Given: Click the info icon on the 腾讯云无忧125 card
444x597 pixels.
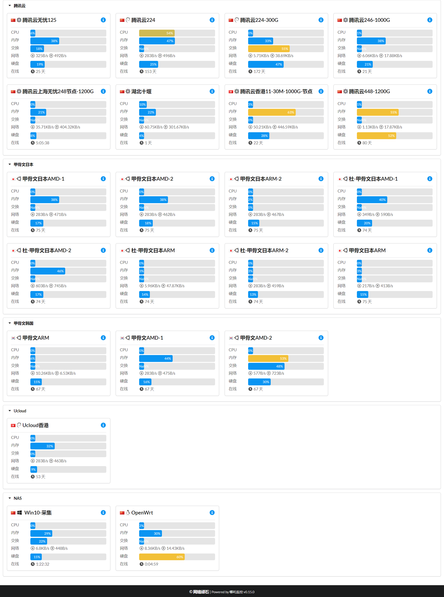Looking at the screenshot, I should click(x=103, y=20).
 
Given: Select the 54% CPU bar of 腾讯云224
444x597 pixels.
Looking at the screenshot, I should click(x=157, y=33).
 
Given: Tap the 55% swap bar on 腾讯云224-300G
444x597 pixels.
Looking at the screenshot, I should click(x=268, y=49).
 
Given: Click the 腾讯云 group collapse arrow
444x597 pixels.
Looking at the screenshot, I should click(x=10, y=6).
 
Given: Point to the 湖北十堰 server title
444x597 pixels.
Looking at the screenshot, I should click(x=141, y=91).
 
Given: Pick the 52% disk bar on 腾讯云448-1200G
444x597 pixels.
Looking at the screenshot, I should click(x=376, y=136).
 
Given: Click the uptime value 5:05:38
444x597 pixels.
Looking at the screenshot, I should click(x=42, y=143).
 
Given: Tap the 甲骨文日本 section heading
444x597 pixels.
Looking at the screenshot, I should click(x=23, y=165).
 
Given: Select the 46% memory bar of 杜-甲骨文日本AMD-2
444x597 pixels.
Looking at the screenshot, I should click(x=48, y=271).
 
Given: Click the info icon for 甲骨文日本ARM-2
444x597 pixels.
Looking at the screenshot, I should click(x=321, y=179).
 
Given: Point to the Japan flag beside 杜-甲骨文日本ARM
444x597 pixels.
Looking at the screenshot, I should click(x=122, y=251).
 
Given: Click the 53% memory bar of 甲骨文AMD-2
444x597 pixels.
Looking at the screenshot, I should click(x=268, y=358).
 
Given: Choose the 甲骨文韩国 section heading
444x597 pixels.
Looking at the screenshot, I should click(x=23, y=323).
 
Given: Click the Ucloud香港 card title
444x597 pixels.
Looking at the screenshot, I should click(x=36, y=425).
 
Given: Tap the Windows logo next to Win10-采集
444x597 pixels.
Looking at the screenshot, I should click(x=20, y=513).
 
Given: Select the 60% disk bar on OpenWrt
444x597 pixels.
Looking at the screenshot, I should click(x=161, y=557).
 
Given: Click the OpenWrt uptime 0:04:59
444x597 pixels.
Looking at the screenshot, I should click(x=151, y=564).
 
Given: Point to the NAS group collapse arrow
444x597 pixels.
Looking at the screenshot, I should click(x=10, y=498).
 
